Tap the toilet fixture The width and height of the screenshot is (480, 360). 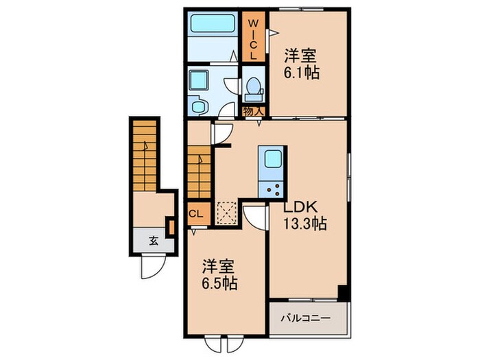click(x=254, y=88)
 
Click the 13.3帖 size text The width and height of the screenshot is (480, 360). click(x=304, y=223)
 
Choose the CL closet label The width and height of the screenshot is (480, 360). click(x=195, y=213)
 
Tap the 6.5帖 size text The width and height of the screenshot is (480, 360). click(x=219, y=283)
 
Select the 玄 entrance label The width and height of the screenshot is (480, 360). click(x=154, y=239)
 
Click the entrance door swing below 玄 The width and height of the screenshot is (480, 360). click(x=152, y=266)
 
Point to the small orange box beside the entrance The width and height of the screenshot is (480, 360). click(x=169, y=225)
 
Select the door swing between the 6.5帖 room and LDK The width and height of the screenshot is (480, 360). click(x=254, y=217)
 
